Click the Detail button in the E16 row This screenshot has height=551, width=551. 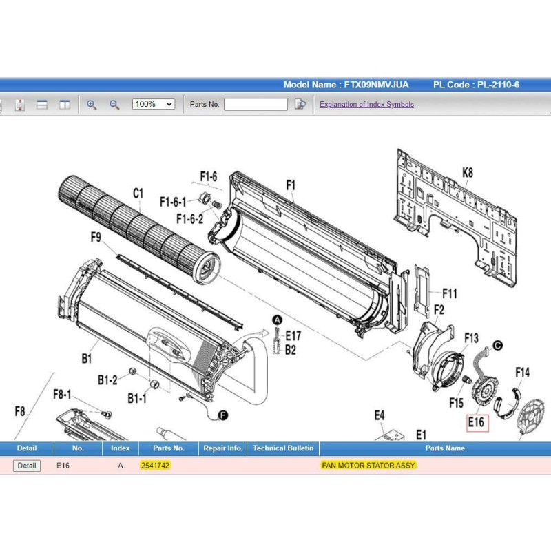coord(27,466)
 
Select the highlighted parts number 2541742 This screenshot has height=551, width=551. coord(155,466)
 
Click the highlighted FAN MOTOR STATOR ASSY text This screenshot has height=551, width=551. coord(368,466)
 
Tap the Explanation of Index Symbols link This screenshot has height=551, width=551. coord(366,105)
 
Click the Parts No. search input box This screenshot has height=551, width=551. coord(256,105)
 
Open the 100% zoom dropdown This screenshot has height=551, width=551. coord(154,104)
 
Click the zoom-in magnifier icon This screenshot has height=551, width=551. coord(92,105)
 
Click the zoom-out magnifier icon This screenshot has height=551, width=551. coord(114,105)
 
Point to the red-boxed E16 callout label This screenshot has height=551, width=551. coord(477,422)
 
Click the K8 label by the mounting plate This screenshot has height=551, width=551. coord(468,173)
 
